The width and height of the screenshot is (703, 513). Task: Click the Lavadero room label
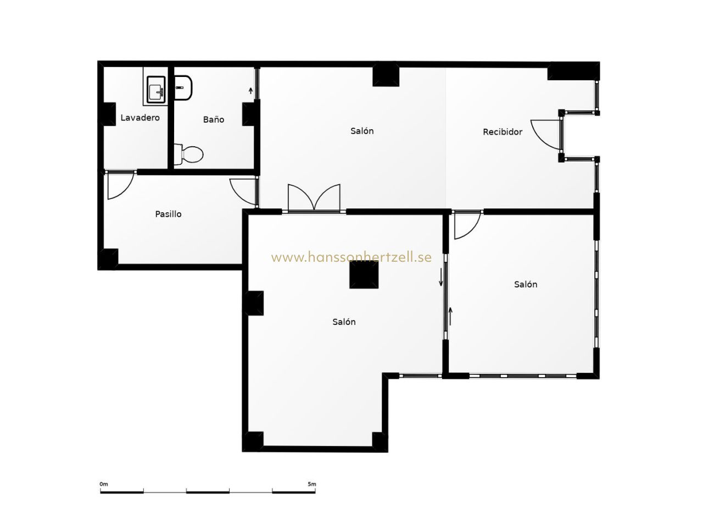(x=140, y=118)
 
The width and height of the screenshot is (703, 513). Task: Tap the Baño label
(x=214, y=119)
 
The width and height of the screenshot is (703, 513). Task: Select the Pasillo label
(x=168, y=214)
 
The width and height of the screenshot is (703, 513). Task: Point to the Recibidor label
(x=503, y=132)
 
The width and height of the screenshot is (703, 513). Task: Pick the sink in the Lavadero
(x=156, y=89)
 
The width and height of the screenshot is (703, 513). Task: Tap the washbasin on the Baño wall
(x=183, y=87)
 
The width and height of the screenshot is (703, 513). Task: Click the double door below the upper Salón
(x=314, y=197)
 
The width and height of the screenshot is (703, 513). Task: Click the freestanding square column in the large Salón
(x=364, y=274)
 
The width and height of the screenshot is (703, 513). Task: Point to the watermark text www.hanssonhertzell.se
(x=351, y=257)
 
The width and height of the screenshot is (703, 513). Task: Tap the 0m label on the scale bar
(x=104, y=484)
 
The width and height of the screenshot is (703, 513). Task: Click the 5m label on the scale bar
(x=311, y=484)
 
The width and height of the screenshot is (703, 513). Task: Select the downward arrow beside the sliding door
(x=441, y=277)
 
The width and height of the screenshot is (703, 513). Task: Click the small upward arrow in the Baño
(x=250, y=91)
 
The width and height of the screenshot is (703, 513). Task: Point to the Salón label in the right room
(x=526, y=285)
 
